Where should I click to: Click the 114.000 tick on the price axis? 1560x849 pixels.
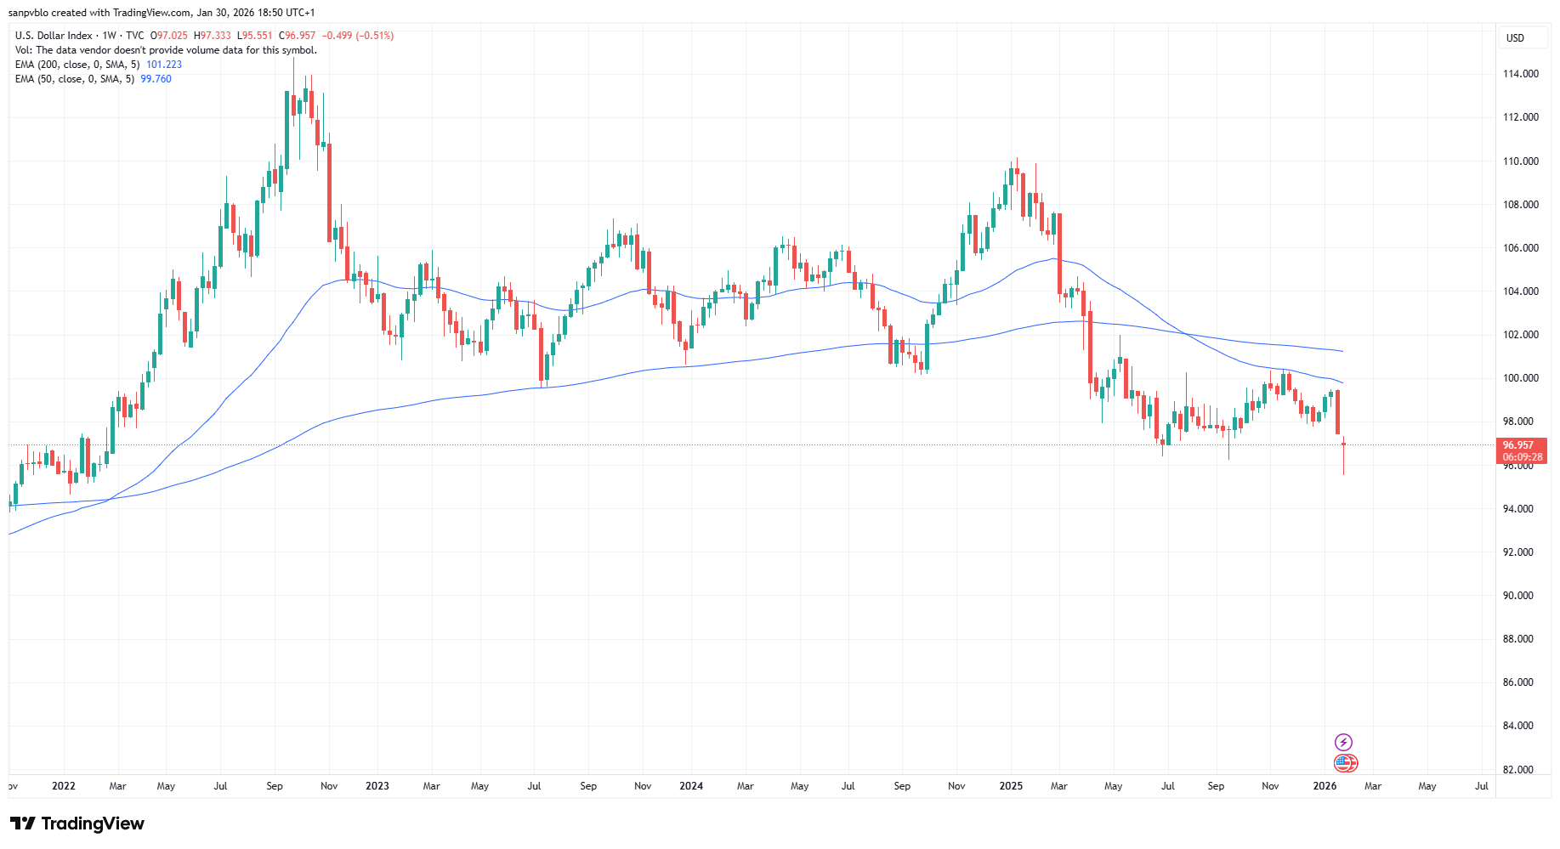pyautogui.click(x=1520, y=74)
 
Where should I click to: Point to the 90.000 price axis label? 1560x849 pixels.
pyautogui.click(x=1517, y=596)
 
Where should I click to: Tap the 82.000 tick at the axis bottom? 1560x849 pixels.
pyautogui.click(x=1517, y=770)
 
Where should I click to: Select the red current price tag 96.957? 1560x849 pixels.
pyautogui.click(x=1518, y=445)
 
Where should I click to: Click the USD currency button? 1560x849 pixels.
pyautogui.click(x=1515, y=38)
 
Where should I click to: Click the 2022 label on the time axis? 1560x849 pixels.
pyautogui.click(x=64, y=786)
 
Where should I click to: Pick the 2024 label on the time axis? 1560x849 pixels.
pyautogui.click(x=691, y=786)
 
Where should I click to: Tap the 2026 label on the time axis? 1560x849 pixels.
pyautogui.click(x=1325, y=786)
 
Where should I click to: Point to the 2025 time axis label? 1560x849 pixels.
pyautogui.click(x=1011, y=786)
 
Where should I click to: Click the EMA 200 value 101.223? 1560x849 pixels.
pyautogui.click(x=164, y=65)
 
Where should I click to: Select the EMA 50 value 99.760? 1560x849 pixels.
pyautogui.click(x=156, y=79)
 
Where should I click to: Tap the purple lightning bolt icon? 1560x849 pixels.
pyautogui.click(x=1343, y=743)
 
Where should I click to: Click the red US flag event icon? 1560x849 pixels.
pyautogui.click(x=1345, y=763)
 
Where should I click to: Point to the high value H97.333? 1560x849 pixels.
pyautogui.click(x=213, y=36)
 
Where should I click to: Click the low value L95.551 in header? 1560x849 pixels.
pyautogui.click(x=255, y=36)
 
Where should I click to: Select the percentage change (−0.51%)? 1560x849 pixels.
pyautogui.click(x=374, y=36)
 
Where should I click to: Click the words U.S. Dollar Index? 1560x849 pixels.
pyautogui.click(x=54, y=36)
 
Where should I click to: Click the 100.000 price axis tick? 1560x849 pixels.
pyautogui.click(x=1520, y=378)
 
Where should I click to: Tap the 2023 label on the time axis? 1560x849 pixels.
pyautogui.click(x=377, y=786)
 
